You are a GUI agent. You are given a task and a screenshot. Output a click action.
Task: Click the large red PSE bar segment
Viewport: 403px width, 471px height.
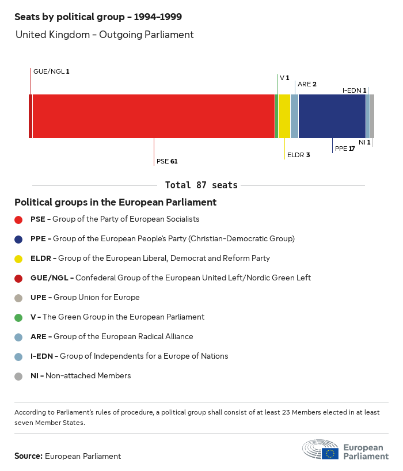154,116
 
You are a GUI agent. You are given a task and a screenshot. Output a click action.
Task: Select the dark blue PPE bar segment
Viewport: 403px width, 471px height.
332,116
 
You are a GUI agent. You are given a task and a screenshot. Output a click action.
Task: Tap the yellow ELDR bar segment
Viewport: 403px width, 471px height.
284,116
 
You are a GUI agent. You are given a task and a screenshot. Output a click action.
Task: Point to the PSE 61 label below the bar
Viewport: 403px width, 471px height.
167,161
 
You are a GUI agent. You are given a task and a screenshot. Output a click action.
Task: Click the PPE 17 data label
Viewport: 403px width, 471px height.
345,149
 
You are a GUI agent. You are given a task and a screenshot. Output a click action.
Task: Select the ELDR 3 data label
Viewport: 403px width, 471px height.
298,155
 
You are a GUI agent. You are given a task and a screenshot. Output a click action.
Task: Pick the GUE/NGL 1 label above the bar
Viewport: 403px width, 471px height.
51,71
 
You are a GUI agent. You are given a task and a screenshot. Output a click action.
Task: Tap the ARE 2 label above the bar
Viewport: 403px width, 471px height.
307,84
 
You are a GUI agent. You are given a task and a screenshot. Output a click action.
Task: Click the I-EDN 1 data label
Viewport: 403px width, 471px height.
354,90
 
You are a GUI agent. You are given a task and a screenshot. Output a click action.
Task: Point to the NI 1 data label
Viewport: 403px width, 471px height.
364,142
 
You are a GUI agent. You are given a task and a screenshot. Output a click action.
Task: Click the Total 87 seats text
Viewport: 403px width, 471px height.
201,185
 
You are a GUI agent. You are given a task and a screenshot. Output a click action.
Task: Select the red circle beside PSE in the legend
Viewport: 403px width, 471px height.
18,219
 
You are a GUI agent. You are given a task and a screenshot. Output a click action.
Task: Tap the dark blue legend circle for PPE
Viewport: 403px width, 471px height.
18,239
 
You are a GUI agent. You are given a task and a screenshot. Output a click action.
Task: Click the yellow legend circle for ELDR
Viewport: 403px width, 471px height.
18,259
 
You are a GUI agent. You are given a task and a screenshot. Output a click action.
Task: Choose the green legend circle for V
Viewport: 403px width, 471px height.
18,317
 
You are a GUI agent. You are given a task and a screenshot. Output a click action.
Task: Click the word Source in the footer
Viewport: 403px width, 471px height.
28,456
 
